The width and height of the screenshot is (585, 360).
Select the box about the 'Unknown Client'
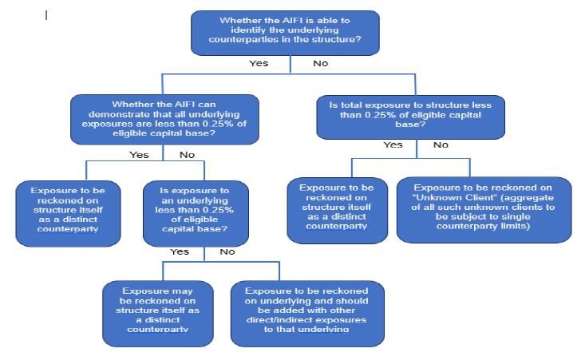point(483,209)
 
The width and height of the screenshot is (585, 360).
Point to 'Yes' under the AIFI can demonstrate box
point(139,155)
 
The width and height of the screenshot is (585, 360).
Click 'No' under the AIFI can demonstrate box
point(188,155)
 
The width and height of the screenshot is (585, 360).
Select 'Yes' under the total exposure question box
point(393,145)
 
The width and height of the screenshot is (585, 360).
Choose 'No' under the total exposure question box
point(441,145)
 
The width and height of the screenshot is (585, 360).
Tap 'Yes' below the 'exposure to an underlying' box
point(180,251)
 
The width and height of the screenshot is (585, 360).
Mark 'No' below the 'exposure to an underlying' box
point(227,251)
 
